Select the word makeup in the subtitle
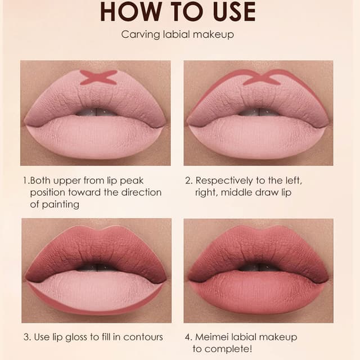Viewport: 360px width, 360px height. (x=215, y=35)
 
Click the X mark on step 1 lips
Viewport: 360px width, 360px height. (x=98, y=77)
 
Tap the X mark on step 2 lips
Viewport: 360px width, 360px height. (x=261, y=77)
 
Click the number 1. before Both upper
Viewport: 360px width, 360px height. (x=26, y=181)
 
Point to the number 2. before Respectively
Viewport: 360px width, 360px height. (x=189, y=181)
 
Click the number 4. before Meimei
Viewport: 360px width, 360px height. (x=189, y=337)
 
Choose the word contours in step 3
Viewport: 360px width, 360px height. (x=145, y=337)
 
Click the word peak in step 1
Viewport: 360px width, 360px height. (x=133, y=181)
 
